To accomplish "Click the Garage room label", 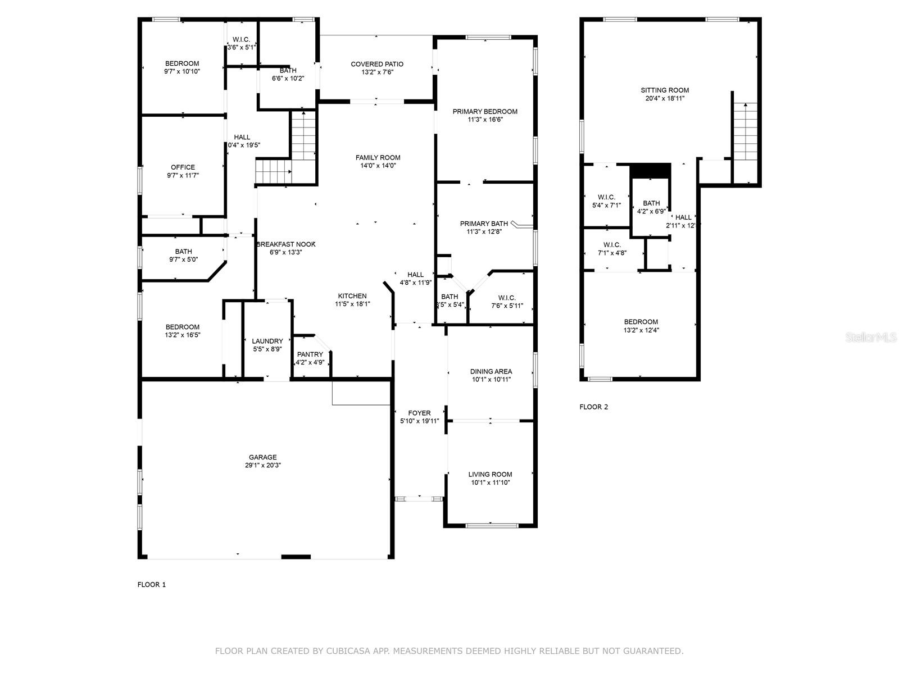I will (x=263, y=457).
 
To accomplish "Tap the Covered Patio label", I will (x=377, y=64).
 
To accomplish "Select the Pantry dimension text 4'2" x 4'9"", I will (x=310, y=362).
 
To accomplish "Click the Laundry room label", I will (x=267, y=341).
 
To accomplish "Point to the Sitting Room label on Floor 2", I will (x=665, y=90).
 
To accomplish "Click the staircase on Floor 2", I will (x=746, y=133).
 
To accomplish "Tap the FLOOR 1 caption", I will (x=152, y=585).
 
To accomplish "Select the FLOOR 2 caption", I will (x=593, y=407).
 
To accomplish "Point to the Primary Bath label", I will (x=484, y=224).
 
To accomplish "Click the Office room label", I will (x=183, y=167).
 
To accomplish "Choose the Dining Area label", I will (x=491, y=371).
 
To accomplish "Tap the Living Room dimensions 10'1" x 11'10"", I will (x=491, y=482).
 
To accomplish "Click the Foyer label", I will (x=419, y=413).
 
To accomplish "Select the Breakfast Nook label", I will (x=286, y=244).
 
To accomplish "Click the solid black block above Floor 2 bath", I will (x=651, y=170).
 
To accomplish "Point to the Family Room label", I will (x=378, y=157).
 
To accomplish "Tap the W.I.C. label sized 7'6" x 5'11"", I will (x=507, y=298).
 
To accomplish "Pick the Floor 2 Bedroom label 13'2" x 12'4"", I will (x=641, y=322).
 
